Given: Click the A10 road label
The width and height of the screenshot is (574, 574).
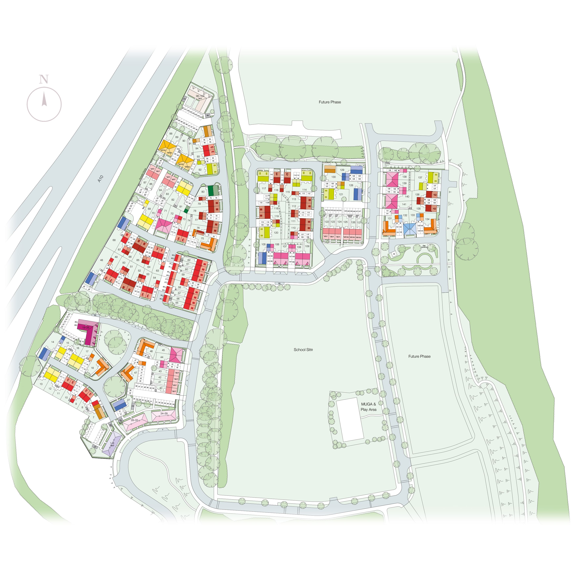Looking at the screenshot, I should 100,179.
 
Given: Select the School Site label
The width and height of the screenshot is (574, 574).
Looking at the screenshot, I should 303,350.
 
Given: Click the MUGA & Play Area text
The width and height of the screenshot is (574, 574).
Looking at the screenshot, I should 368,407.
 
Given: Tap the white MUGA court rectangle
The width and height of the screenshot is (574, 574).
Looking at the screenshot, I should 350,420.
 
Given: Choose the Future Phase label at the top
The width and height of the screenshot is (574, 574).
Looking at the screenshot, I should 330,102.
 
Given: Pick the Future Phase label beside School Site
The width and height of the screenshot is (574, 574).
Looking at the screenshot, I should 419,356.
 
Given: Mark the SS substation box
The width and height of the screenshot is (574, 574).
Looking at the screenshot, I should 394,254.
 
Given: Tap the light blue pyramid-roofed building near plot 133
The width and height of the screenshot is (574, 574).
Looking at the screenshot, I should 410,229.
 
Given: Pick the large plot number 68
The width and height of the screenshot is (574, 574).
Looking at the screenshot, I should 114,240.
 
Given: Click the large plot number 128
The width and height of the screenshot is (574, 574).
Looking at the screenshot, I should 351,185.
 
